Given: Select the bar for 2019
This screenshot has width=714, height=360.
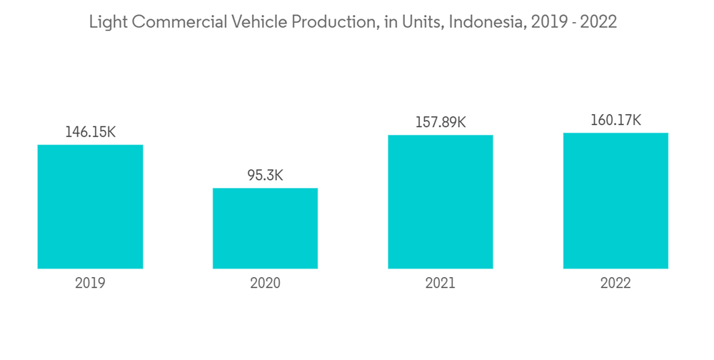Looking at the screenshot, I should point(90,206).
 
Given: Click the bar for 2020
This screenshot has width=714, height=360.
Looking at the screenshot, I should point(265,229).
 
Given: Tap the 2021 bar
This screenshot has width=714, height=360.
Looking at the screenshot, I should point(441,201).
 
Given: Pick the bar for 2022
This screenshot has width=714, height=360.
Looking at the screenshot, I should point(615,201).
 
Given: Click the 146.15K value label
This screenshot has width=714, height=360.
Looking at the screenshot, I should point(90,132).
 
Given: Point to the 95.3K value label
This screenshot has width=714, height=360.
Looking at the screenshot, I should point(265,175).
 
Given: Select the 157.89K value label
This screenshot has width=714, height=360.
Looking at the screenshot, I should point(441,122).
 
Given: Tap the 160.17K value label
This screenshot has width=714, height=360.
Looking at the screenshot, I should point(615,120).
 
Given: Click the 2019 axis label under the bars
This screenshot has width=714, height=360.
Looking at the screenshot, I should point(90,284).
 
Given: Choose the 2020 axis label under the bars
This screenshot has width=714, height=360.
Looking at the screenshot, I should point(265,284).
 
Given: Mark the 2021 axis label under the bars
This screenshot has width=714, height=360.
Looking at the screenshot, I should point(441,284).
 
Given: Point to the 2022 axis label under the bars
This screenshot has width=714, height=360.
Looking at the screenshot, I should point(615,284).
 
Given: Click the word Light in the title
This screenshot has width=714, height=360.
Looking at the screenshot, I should point(105,23).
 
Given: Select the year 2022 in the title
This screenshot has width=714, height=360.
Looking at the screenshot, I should point(598,23).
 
